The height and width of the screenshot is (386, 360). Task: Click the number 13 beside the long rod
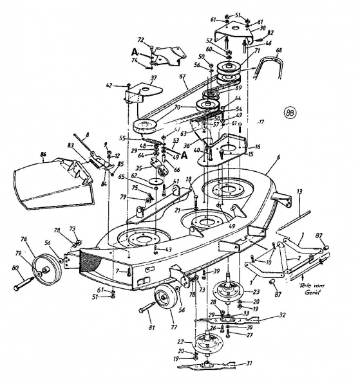pos(299,192)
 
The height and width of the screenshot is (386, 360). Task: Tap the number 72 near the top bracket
pos(140,40)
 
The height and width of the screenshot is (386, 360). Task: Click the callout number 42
pos(109,85)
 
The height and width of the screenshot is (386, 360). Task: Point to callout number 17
pos(261,121)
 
